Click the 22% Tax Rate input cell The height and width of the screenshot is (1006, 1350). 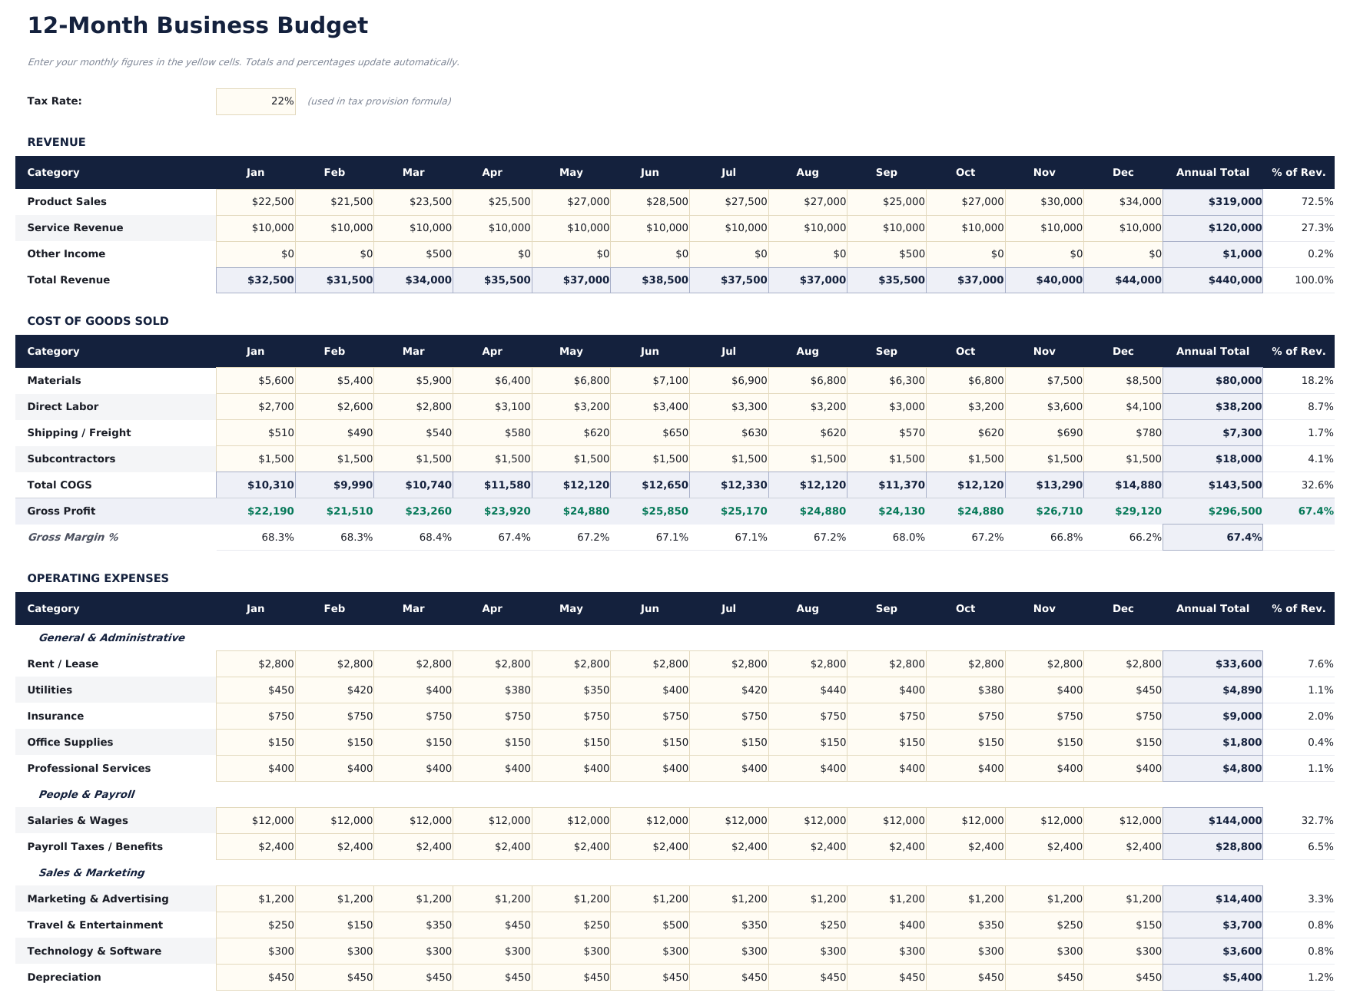point(256,101)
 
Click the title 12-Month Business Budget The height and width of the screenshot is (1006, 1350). point(197,25)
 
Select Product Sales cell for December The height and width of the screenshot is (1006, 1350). point(1123,202)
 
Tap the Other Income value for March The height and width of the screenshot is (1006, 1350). point(413,254)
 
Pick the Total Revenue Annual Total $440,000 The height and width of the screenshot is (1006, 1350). point(1212,280)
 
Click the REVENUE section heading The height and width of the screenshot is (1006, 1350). point(56,142)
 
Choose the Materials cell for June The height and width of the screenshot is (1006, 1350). point(650,381)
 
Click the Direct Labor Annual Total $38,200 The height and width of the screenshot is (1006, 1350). point(1212,407)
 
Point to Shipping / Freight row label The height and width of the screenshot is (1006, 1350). point(79,433)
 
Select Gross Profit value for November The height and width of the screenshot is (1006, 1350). point(1044,511)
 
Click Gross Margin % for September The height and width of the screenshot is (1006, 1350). point(887,538)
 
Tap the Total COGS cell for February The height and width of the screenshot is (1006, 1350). point(334,485)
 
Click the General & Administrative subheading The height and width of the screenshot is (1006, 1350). point(111,638)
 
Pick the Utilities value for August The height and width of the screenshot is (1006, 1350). point(808,690)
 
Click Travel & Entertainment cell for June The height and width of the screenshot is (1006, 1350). point(650,925)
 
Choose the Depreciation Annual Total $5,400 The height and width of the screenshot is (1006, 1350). point(1212,978)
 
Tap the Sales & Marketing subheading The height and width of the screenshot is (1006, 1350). point(91,873)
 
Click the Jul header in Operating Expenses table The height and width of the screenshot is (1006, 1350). point(728,609)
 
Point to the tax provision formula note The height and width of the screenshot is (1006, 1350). point(379,101)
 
